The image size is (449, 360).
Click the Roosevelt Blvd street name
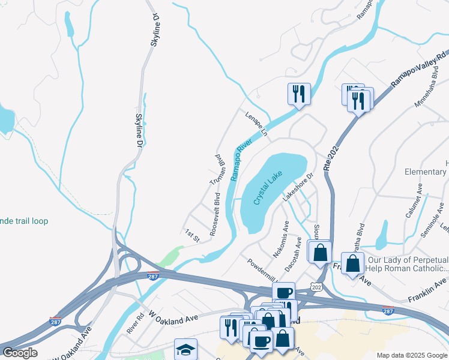[x=214, y=214]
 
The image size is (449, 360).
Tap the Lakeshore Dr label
[x=298, y=187]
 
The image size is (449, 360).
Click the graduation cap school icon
[x=185, y=349]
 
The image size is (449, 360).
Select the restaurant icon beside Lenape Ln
[x=298, y=94]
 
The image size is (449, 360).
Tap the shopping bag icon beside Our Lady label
[x=353, y=263]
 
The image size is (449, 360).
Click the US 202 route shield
[x=317, y=288]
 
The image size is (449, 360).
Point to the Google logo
[x=20, y=353]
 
